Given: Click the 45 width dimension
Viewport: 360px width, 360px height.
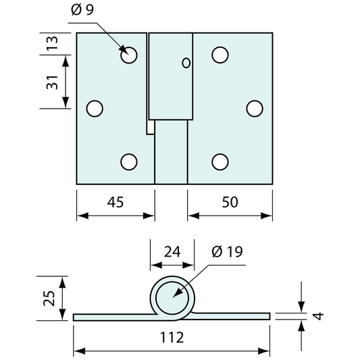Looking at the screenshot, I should [115, 201].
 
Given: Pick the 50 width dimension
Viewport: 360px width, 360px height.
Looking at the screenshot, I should [230, 201].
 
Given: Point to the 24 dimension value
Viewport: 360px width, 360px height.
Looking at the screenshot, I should [172, 252].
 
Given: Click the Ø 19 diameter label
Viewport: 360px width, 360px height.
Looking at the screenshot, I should [227, 252].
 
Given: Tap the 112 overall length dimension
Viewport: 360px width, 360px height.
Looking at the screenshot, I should [172, 337].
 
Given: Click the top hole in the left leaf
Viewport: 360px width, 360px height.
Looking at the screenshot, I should [130, 55].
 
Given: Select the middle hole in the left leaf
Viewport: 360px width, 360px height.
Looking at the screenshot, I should [95, 108].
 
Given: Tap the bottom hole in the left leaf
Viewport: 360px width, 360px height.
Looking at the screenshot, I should [130, 161].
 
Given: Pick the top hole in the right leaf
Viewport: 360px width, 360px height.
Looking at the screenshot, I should [219, 55].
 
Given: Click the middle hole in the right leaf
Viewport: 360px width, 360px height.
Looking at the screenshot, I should [254, 108].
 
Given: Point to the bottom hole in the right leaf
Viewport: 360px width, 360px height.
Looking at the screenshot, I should [219, 161].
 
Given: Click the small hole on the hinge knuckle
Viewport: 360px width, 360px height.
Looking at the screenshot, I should [186, 63].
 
